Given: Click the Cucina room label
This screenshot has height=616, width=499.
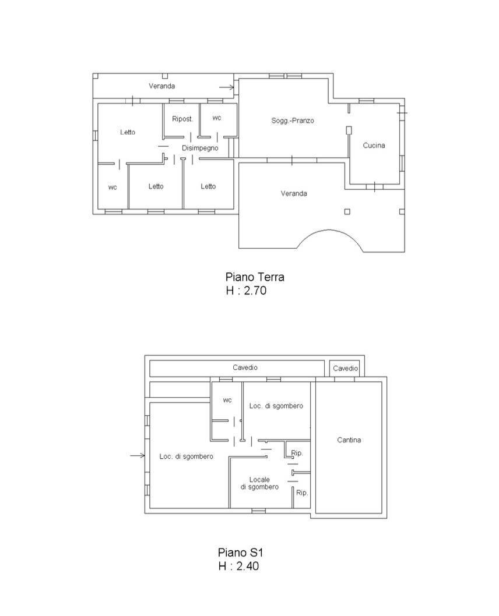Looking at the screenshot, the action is (374, 146).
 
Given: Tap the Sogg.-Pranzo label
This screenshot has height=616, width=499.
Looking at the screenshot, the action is (293, 121).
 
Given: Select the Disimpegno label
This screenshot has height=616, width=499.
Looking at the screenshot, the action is (200, 148).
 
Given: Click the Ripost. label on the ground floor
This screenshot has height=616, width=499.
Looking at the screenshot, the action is (182, 119).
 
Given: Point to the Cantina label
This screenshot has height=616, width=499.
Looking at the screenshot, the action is (349, 440).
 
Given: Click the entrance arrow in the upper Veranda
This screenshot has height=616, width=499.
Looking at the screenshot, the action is (227, 87).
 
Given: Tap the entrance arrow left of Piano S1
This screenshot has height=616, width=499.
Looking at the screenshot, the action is (137, 455).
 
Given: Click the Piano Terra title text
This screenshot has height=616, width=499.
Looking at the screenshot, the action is (255, 277).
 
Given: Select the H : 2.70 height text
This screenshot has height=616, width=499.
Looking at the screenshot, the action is (246, 291).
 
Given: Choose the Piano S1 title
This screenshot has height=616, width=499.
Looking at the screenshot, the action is (240, 553).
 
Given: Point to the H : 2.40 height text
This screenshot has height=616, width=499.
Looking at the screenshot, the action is (238, 566).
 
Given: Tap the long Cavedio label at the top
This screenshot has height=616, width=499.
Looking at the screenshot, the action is (245, 368).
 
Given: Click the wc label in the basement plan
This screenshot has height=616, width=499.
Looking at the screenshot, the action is (227, 401).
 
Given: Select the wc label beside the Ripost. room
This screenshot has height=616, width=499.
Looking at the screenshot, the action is (217, 118).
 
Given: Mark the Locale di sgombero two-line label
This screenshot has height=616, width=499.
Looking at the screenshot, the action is (259, 483).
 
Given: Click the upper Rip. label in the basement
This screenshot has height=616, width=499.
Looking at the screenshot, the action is (297, 453).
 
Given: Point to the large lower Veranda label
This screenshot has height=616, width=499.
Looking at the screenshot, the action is (294, 193).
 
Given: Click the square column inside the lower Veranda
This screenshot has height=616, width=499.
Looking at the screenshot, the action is (347, 212).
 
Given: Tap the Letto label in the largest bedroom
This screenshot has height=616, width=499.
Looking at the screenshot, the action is (128, 132).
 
